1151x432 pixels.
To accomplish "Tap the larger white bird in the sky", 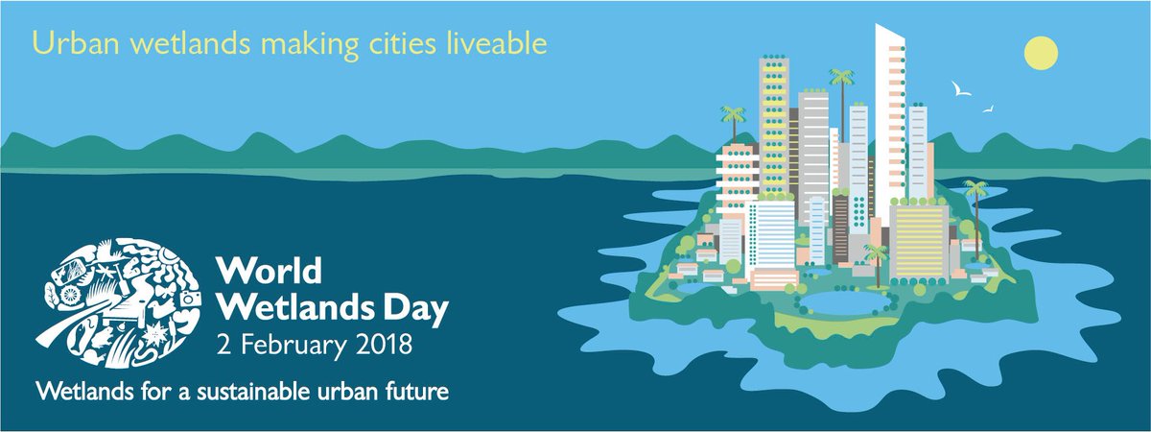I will pyautogui.click(x=960, y=90).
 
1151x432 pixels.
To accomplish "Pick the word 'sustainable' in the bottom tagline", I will pyautogui.click(x=241, y=392).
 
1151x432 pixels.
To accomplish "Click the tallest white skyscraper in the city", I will pyautogui.click(x=890, y=115).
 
